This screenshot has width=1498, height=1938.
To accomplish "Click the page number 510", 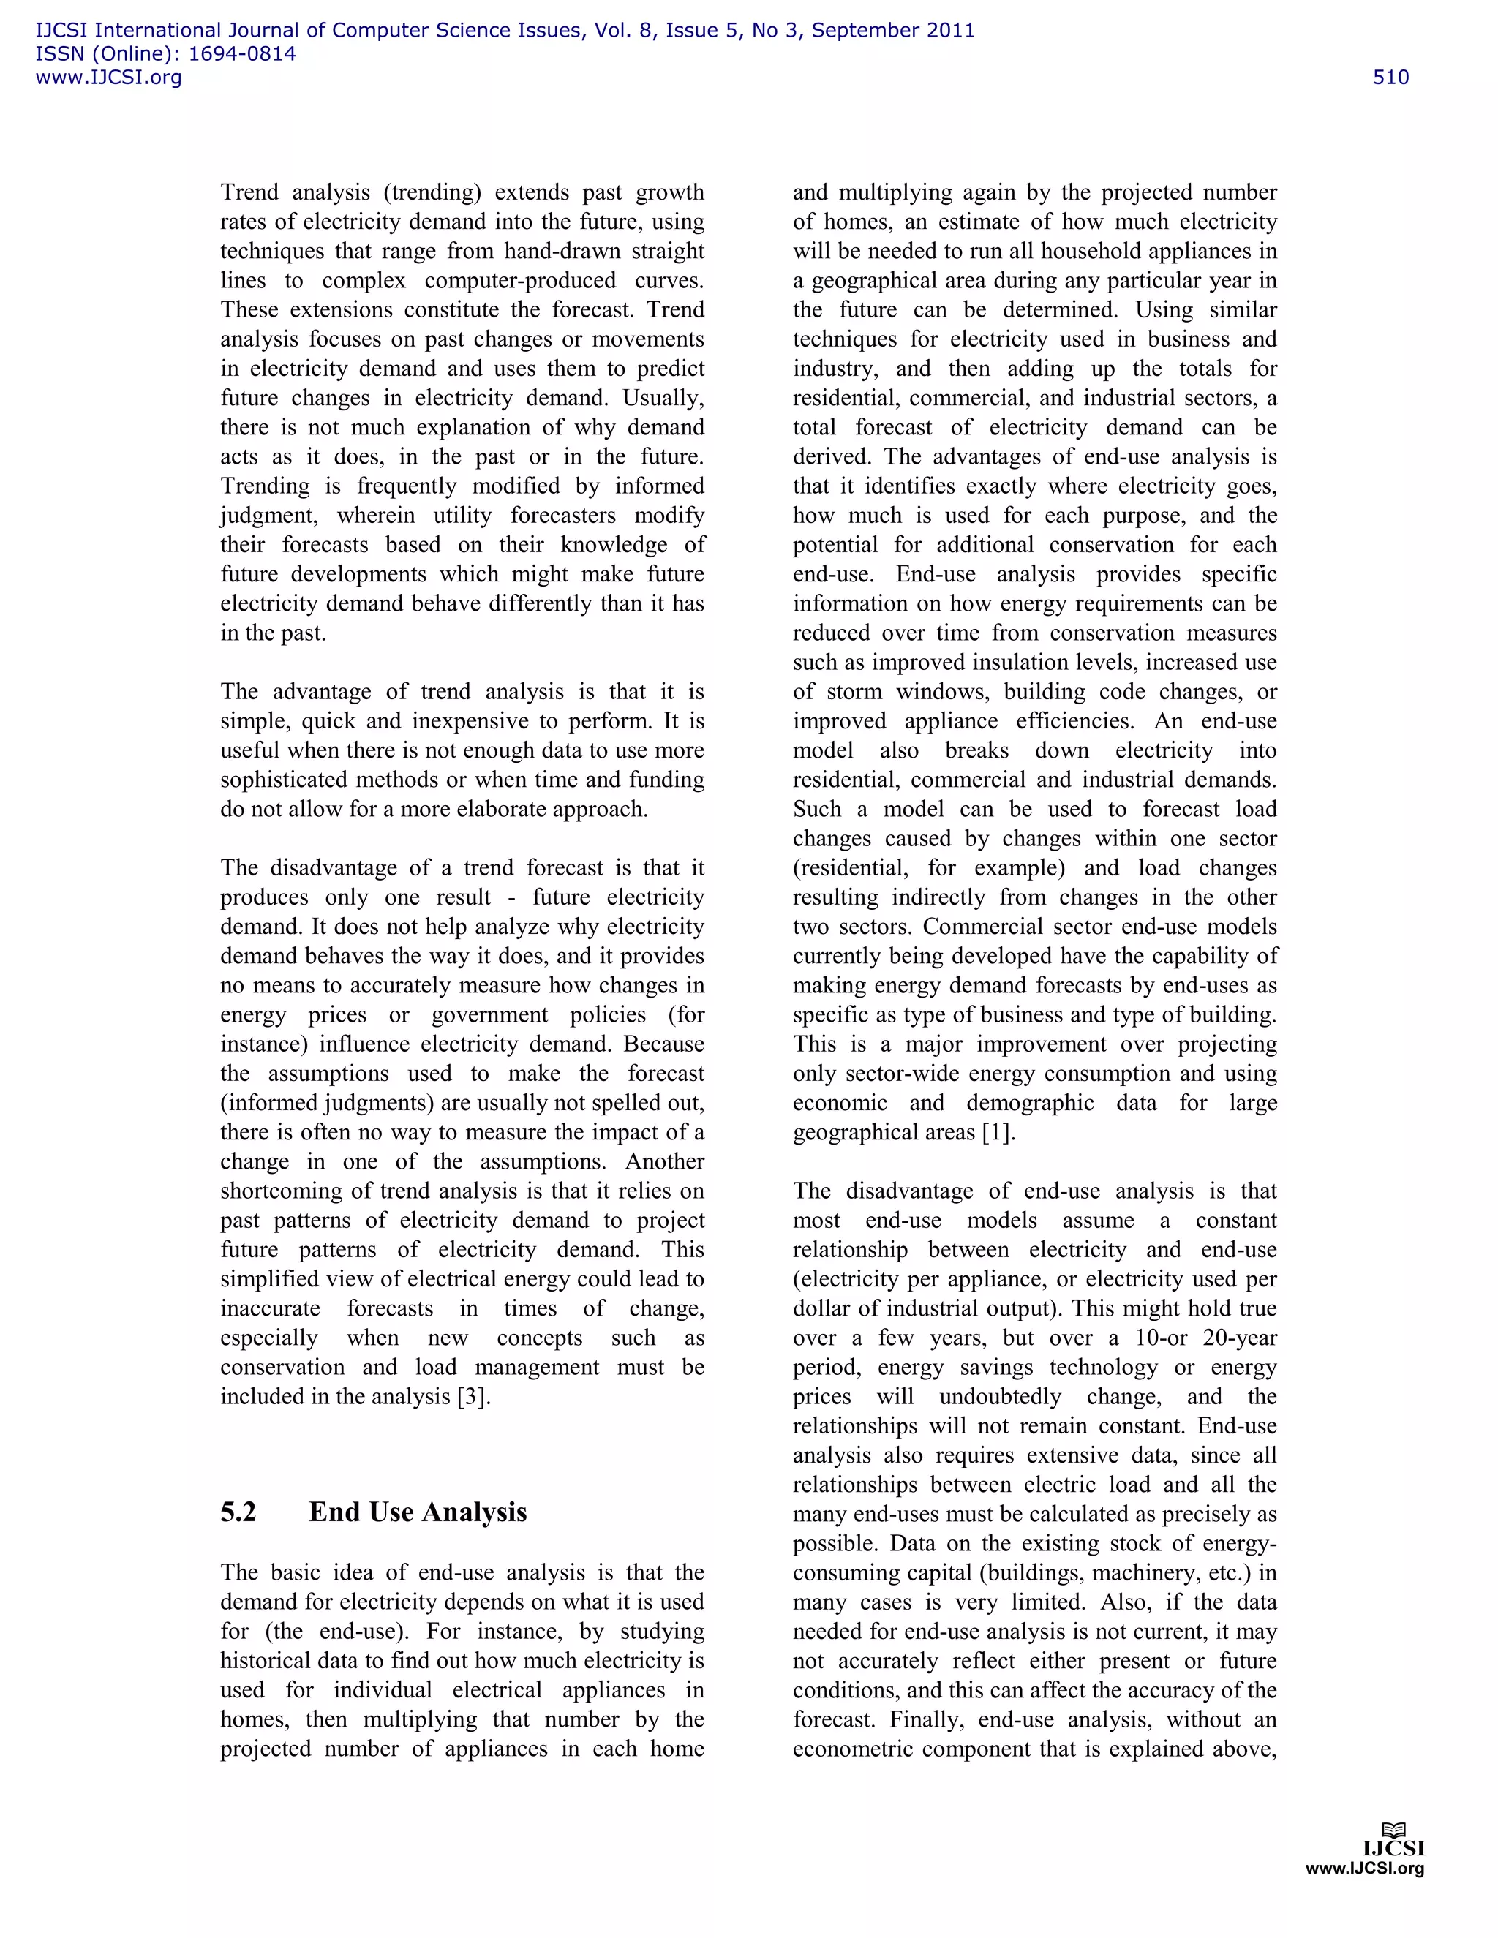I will click(1390, 78).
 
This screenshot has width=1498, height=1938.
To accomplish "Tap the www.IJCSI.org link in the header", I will click(108, 78).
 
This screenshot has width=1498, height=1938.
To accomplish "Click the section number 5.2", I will click(238, 1512).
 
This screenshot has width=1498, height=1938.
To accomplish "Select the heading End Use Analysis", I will click(418, 1512).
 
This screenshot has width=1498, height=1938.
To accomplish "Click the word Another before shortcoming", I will click(665, 1161).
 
